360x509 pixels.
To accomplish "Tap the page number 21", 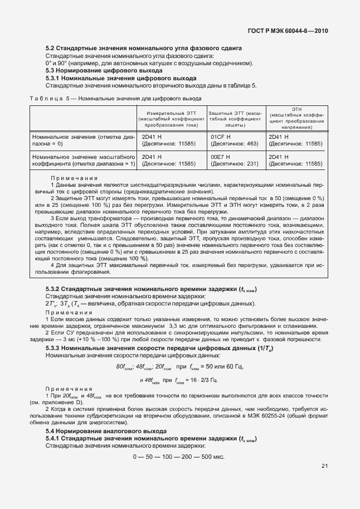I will click(324, 467).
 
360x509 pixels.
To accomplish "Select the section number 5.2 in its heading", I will click(50, 49).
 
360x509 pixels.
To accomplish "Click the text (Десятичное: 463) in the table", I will click(235, 143).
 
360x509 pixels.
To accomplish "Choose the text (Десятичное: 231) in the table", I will click(235, 164).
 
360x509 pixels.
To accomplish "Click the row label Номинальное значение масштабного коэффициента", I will click(84, 160).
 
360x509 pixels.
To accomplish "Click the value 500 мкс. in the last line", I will click(212, 457).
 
